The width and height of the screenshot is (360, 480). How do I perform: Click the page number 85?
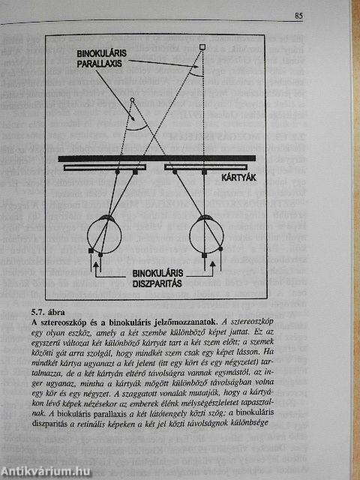(x=298, y=13)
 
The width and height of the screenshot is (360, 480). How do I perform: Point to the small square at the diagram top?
(x=201, y=49)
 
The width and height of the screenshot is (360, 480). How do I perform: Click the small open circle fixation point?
(x=133, y=100)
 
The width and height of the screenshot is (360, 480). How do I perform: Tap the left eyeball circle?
(x=108, y=235)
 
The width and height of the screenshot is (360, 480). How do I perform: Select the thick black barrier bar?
(x=160, y=157)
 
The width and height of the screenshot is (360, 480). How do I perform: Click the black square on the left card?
(x=135, y=172)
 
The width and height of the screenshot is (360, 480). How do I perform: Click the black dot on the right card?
(x=173, y=172)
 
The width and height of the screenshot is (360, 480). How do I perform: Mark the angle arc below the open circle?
(x=134, y=125)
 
